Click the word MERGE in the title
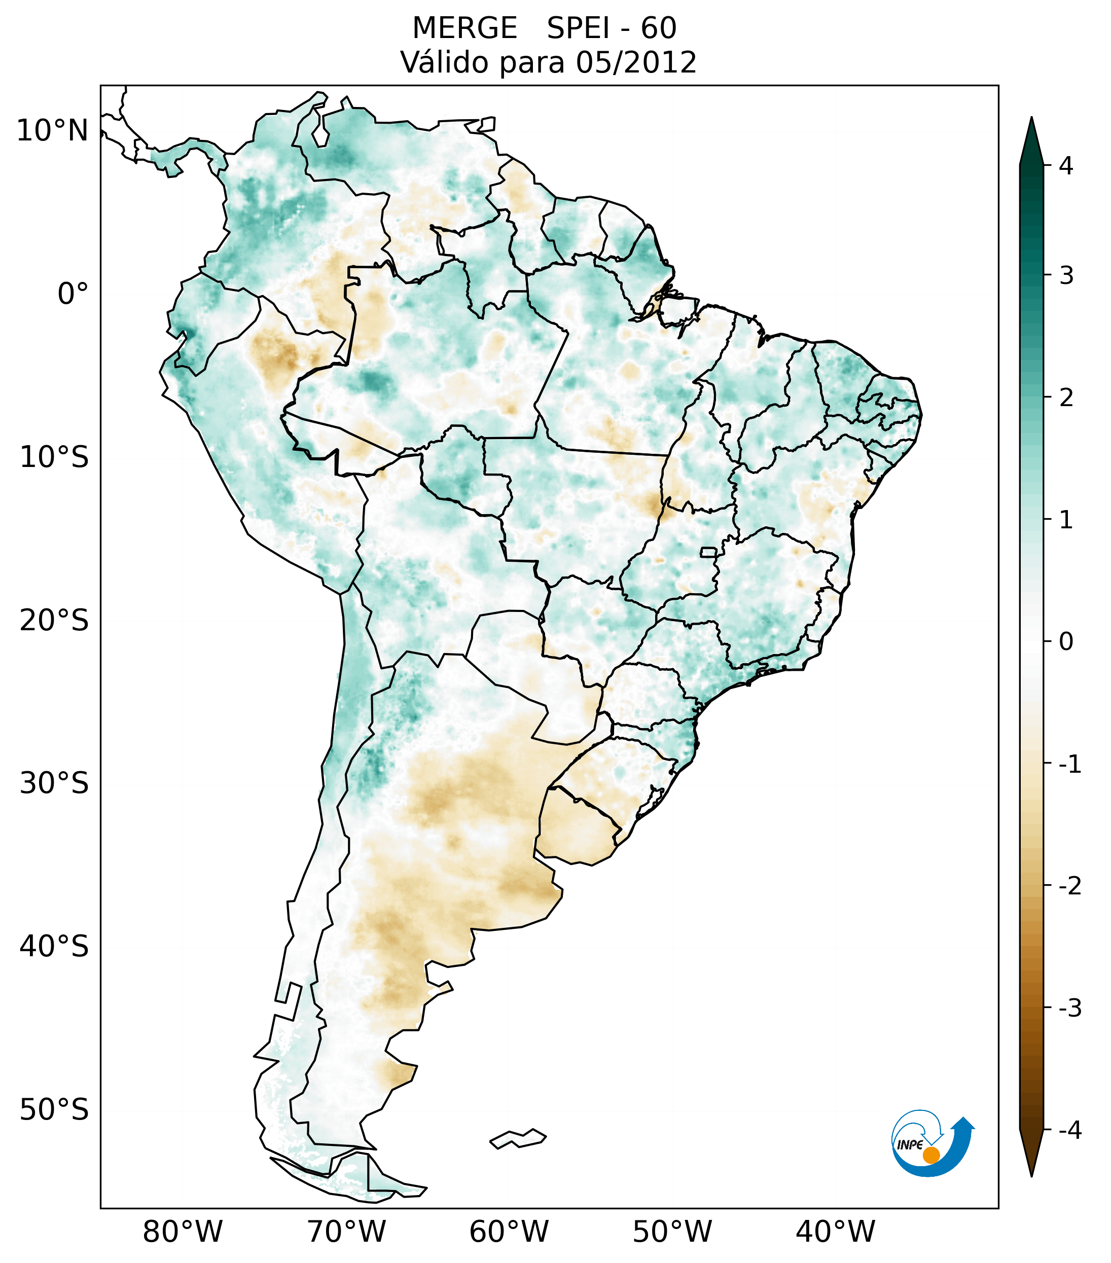pos(464,28)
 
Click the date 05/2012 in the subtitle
pos(636,62)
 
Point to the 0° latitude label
pos(73,294)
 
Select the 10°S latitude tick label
pos(54,458)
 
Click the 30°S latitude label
pos(54,783)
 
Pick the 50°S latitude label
pos(54,1110)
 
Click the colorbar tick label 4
pos(1066,166)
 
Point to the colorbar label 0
pos(1066,642)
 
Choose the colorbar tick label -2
pos(1069,886)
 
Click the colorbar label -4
pos(1069,1130)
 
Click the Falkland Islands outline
pos(518,1138)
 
